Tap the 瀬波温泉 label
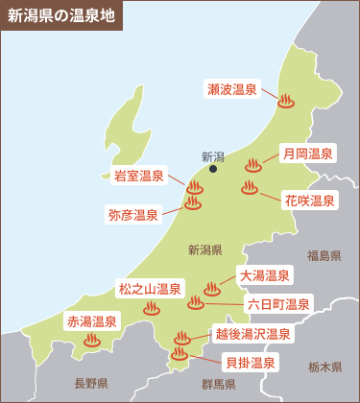coord(232,89)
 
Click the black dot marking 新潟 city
coord(213,170)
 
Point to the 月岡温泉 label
coord(307,153)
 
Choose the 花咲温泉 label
coord(310,201)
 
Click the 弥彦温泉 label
coord(133,214)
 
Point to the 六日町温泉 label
coord(279,303)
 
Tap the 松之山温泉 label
coord(150,288)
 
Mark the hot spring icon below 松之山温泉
coord(151,308)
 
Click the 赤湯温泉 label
coord(91,320)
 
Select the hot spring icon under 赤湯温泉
coord(92,339)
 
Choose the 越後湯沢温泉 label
coord(253,334)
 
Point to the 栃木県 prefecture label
coord(324,367)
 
